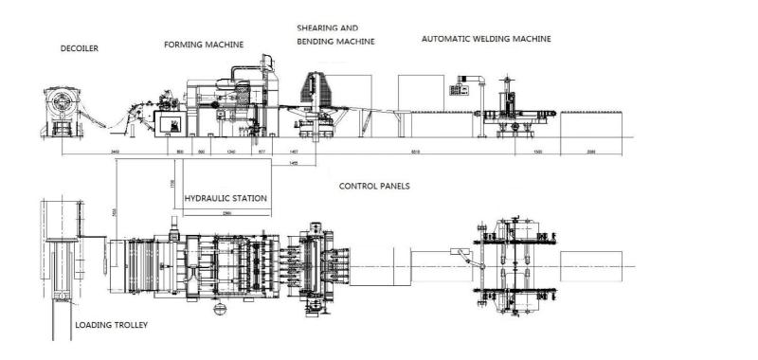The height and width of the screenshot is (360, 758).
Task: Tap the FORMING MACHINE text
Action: point(204,44)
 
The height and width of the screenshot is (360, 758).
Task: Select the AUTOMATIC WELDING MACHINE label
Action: point(486,39)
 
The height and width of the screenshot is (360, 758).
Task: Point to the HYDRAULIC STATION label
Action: point(226,198)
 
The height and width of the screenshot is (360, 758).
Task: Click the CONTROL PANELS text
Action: point(374,187)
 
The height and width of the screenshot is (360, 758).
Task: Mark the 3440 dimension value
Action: point(115,153)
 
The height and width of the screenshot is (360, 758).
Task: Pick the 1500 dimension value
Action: point(537,153)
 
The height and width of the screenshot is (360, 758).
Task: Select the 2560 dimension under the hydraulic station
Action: point(228,213)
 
